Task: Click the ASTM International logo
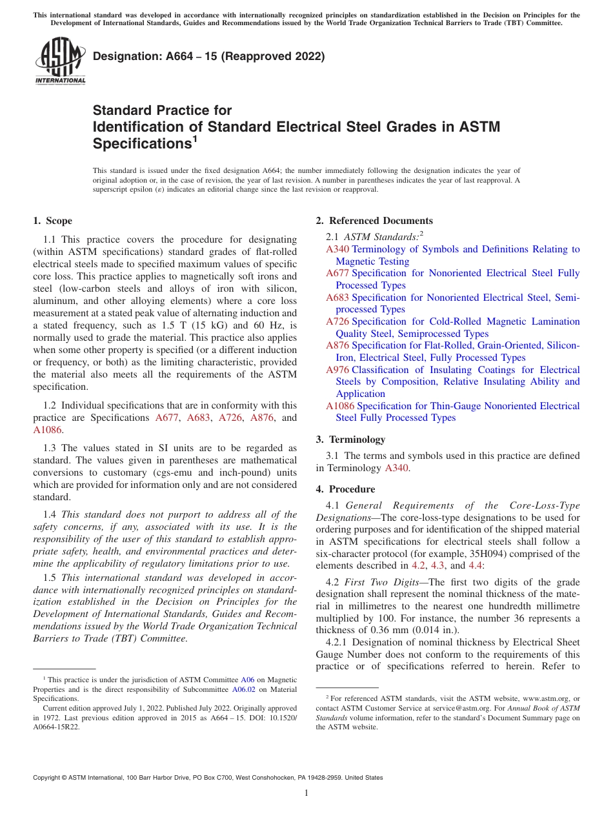click(60, 62)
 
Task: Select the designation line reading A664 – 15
click(208, 56)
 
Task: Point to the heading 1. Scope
click(52, 221)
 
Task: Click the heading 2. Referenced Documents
click(374, 221)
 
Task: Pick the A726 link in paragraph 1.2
click(230, 418)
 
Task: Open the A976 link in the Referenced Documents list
click(337, 370)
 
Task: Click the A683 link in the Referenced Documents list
click(337, 298)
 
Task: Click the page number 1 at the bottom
click(306, 793)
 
